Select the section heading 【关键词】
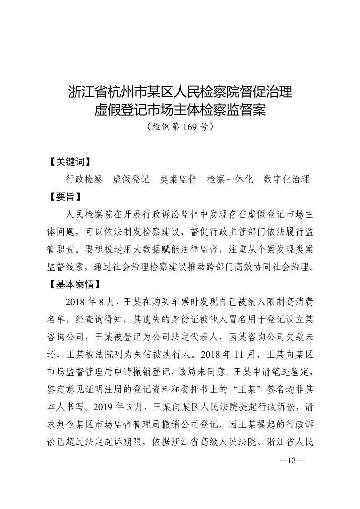(69, 162)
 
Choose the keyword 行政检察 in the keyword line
(84, 180)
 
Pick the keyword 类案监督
(178, 180)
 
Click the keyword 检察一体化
(230, 180)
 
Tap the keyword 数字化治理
(287, 180)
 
